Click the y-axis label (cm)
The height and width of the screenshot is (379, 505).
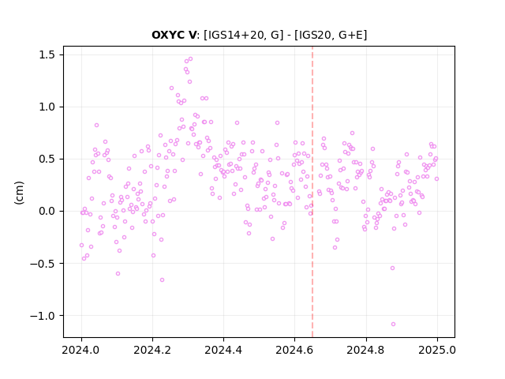(x=19, y=193)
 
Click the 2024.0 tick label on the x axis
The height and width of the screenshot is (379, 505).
(x=81, y=350)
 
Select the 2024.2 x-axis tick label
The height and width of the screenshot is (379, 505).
(x=152, y=350)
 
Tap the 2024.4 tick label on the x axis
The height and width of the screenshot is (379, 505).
(x=223, y=350)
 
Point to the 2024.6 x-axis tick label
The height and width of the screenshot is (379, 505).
(x=294, y=350)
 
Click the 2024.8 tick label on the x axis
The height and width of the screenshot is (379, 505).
(x=366, y=350)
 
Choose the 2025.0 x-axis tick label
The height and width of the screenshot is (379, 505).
(x=437, y=350)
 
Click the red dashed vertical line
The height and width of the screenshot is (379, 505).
(x=312, y=192)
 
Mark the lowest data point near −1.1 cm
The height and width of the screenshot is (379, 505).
(x=393, y=324)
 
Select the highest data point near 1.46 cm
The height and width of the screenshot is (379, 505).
(x=190, y=59)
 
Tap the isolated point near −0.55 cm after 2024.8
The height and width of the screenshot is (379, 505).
(x=393, y=268)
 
